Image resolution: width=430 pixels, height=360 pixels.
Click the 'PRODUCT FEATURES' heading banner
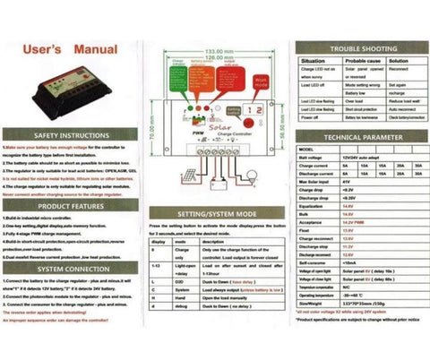71,206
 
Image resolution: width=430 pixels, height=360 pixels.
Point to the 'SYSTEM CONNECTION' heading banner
71,269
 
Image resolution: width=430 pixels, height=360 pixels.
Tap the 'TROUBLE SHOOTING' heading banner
357,47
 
